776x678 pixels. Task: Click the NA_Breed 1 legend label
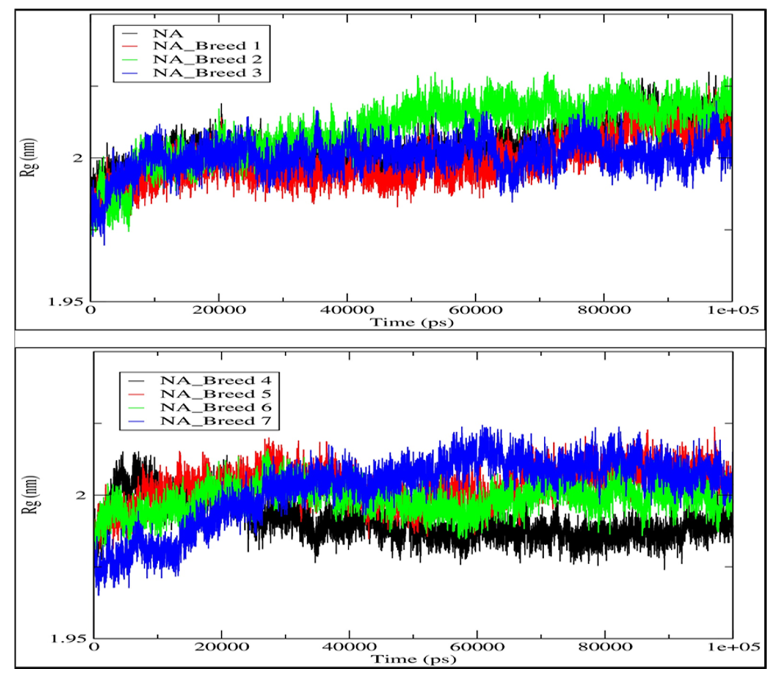207,46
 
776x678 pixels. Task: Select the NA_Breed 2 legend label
207,59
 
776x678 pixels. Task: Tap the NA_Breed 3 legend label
207,73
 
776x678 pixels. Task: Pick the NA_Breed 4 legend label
216,380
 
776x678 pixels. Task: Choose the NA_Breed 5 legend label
216,394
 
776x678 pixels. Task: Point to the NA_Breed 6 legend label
216,408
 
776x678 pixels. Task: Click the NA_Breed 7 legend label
216,421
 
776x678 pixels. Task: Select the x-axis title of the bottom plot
413,659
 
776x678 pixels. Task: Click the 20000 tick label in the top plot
219,310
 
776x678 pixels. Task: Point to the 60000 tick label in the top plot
476,310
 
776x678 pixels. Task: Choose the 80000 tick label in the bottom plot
605,646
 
